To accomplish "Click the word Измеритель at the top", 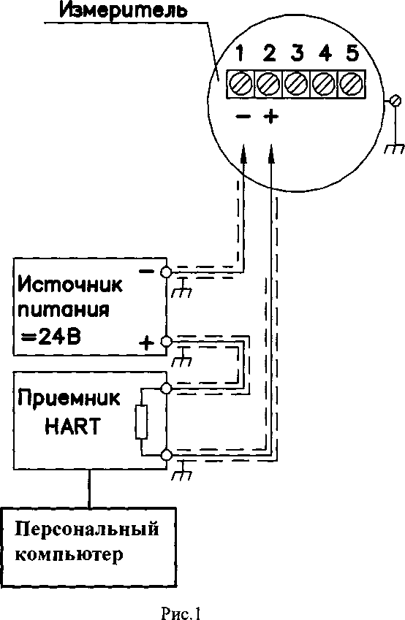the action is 123,11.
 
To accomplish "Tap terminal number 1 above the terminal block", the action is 239,53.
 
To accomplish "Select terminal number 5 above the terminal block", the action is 352,53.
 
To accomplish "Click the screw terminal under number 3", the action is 296,84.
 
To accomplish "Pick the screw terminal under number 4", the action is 324,84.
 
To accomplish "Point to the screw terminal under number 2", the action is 268,84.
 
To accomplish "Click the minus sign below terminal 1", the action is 243,117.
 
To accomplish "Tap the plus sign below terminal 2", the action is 270,117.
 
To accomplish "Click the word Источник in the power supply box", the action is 70,284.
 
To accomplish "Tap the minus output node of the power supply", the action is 166,272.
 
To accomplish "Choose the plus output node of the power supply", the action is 166,340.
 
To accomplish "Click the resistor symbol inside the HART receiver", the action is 141,421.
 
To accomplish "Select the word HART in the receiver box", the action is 72,426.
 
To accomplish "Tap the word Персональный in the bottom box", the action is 87,529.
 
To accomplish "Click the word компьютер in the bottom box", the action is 69,555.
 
